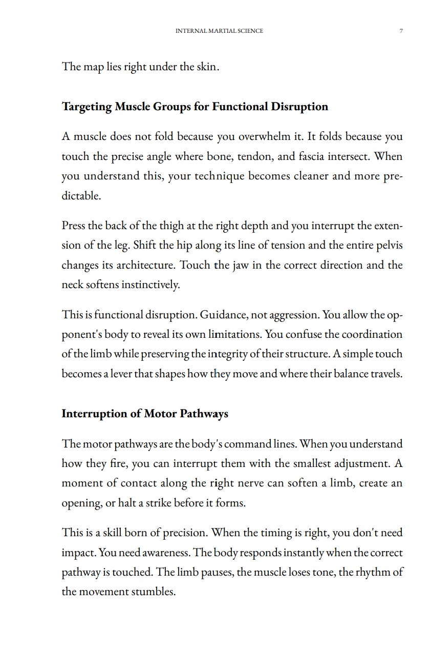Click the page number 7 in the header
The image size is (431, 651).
[401, 31]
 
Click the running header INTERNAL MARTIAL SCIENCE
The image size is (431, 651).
[219, 31]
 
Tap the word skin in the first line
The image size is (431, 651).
[206, 67]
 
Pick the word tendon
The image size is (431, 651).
[253, 156]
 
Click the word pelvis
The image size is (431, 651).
[389, 245]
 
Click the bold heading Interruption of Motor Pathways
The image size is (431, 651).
[145, 414]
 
